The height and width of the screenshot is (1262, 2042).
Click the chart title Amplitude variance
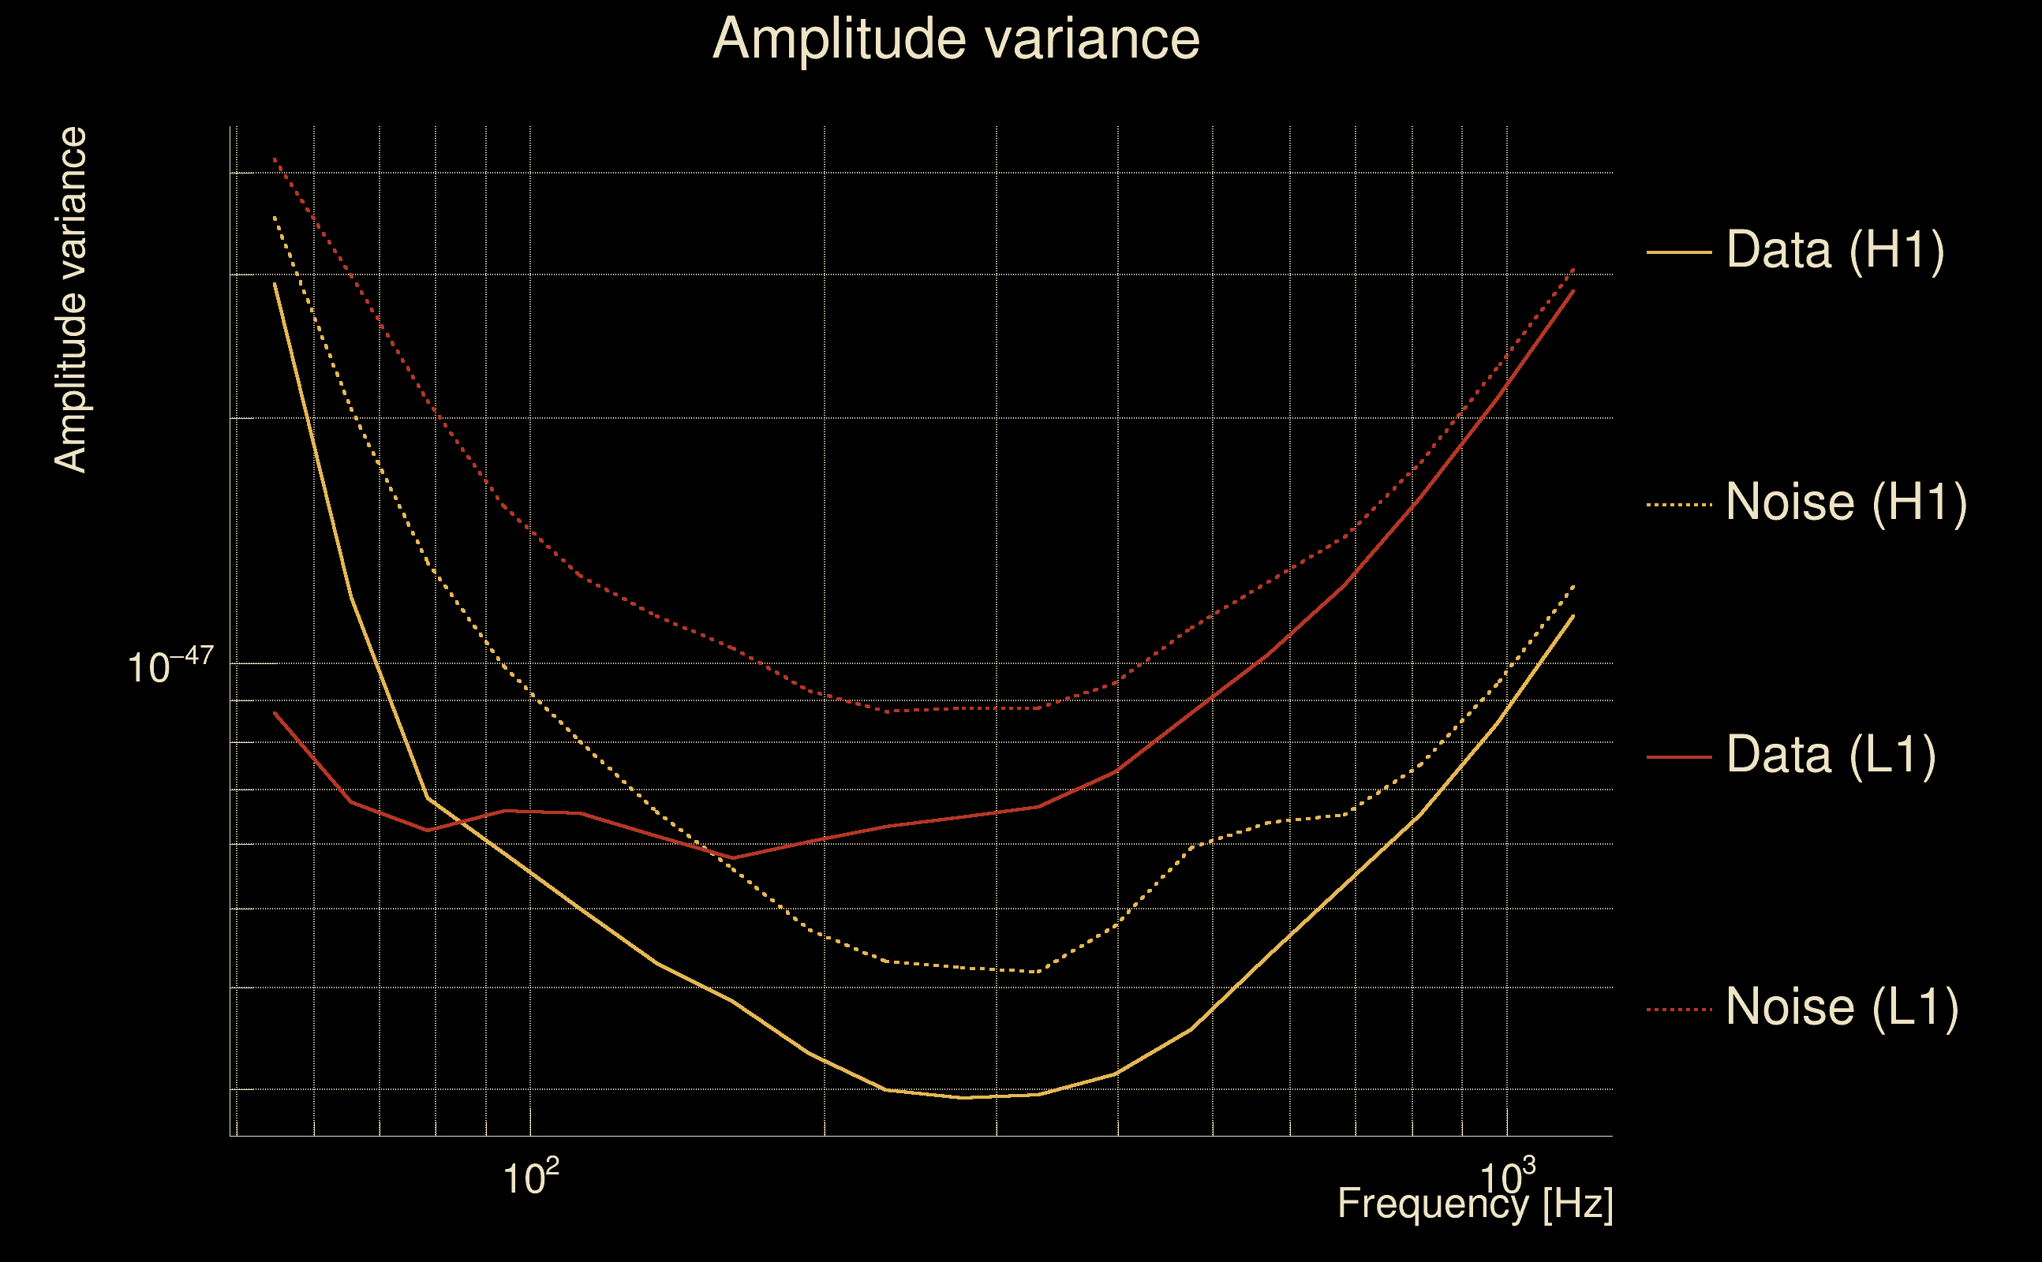(x=956, y=39)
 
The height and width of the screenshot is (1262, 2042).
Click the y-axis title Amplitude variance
(x=70, y=301)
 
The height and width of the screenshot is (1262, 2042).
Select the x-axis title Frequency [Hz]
(x=1475, y=1204)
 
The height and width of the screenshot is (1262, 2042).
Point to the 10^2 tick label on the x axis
(x=530, y=1178)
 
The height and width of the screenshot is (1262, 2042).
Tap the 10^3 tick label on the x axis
(x=1507, y=1178)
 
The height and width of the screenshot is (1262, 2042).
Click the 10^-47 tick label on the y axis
(x=170, y=666)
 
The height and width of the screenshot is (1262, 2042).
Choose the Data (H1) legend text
(x=1835, y=249)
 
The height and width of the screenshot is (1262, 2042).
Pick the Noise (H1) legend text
(x=1846, y=502)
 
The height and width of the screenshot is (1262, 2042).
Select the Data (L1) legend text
(x=1831, y=756)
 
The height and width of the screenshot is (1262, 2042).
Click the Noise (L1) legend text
(x=1842, y=1007)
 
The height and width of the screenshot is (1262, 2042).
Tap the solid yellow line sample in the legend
(x=1678, y=252)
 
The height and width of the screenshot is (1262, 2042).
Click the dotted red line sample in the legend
(x=1678, y=1010)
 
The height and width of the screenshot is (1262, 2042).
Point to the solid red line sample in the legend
(x=1678, y=757)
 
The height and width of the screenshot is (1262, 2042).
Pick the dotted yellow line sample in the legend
(x=1678, y=505)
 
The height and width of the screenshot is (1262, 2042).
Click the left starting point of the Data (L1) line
(x=275, y=713)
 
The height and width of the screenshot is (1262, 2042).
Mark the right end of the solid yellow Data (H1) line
(x=1573, y=616)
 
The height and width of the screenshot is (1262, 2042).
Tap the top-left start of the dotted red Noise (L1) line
(x=275, y=159)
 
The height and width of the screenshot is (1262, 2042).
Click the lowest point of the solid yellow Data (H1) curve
(x=964, y=1098)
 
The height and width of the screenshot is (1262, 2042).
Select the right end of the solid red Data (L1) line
(x=1573, y=290)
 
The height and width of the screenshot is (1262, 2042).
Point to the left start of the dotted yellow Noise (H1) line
(x=275, y=217)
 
